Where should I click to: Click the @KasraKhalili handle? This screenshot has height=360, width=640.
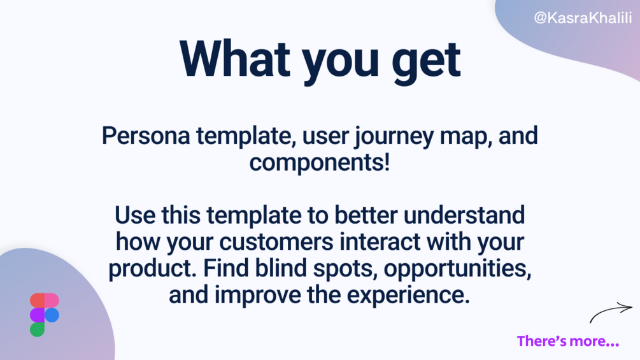(x=583, y=18)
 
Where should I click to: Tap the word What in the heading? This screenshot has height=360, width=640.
(x=235, y=59)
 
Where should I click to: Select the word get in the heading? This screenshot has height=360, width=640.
(x=426, y=62)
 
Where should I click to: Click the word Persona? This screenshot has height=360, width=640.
(x=146, y=136)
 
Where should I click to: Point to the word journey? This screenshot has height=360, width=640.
(x=394, y=138)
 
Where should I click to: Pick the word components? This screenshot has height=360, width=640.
(x=320, y=162)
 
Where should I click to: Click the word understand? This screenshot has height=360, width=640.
(x=464, y=215)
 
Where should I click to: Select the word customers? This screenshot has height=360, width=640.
(x=276, y=242)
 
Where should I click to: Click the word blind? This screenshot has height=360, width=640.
(x=281, y=268)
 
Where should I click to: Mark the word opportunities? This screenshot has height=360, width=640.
(x=457, y=270)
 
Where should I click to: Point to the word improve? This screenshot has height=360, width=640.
(x=258, y=296)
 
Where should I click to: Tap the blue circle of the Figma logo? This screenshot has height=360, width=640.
(x=52, y=315)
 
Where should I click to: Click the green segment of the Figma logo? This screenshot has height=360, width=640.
(x=37, y=329)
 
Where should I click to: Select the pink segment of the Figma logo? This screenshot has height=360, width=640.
(x=52, y=300)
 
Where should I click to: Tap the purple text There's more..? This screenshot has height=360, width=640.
(x=568, y=341)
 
